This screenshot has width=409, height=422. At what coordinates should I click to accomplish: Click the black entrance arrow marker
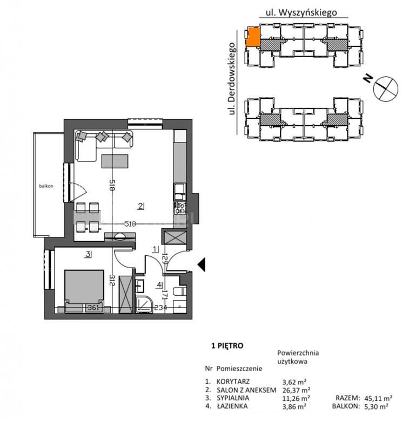(202, 264)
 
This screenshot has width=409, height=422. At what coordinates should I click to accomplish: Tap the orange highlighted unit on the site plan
(253, 37)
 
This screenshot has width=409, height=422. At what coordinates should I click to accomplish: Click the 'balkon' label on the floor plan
(46, 186)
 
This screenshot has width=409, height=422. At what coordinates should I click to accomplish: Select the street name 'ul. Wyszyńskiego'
(301, 12)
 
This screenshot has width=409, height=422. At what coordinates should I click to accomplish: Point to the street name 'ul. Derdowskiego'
(231, 79)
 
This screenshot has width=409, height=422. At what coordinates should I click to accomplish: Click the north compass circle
(386, 89)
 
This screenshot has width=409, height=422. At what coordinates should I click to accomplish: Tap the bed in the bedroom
(84, 291)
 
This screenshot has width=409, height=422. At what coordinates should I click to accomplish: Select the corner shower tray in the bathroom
(144, 305)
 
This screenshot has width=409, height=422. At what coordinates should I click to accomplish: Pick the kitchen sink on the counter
(179, 192)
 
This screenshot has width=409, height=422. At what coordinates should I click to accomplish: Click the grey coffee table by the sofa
(115, 161)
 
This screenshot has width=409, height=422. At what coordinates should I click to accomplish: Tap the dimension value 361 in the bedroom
(93, 308)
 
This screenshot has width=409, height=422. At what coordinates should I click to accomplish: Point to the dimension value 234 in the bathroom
(160, 308)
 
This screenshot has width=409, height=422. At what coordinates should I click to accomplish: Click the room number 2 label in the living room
(140, 206)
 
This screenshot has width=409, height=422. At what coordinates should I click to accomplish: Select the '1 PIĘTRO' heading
(227, 345)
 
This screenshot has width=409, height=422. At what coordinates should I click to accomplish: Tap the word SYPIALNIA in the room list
(233, 398)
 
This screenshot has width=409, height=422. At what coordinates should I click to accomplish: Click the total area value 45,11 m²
(378, 398)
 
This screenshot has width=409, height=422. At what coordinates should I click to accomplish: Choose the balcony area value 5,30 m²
(376, 406)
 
